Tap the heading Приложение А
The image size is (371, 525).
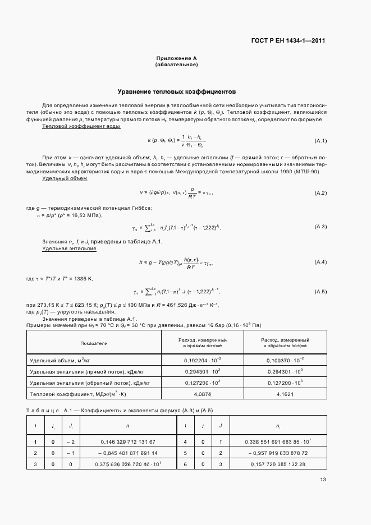click(x=176, y=58)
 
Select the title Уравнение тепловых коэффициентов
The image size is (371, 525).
click(x=176, y=91)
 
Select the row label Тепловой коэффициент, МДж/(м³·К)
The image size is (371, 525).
click(x=76, y=394)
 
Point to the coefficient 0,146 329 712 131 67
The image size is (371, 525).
click(x=128, y=442)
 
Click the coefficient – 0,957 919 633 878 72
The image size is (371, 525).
click(x=275, y=453)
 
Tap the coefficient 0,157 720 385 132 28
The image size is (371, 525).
click(x=275, y=464)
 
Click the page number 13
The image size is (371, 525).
click(x=323, y=479)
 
